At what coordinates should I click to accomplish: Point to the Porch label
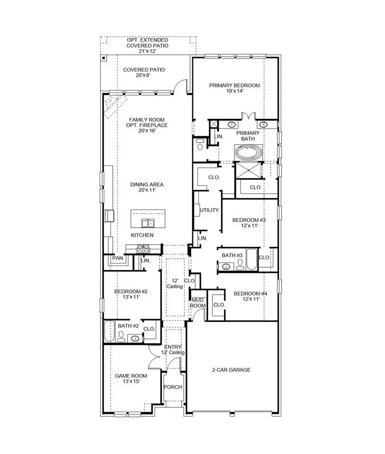(173, 387)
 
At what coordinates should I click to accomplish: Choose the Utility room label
(209, 210)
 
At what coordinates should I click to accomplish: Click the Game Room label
(131, 376)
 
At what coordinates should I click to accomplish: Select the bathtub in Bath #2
(109, 331)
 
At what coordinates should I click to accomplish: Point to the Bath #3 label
(232, 256)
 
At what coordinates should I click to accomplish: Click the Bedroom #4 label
(251, 294)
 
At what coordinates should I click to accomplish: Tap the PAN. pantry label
(117, 258)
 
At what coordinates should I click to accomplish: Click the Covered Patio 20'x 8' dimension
(144, 76)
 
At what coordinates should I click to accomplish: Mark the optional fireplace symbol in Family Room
(113, 104)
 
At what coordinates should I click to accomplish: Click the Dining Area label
(147, 184)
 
